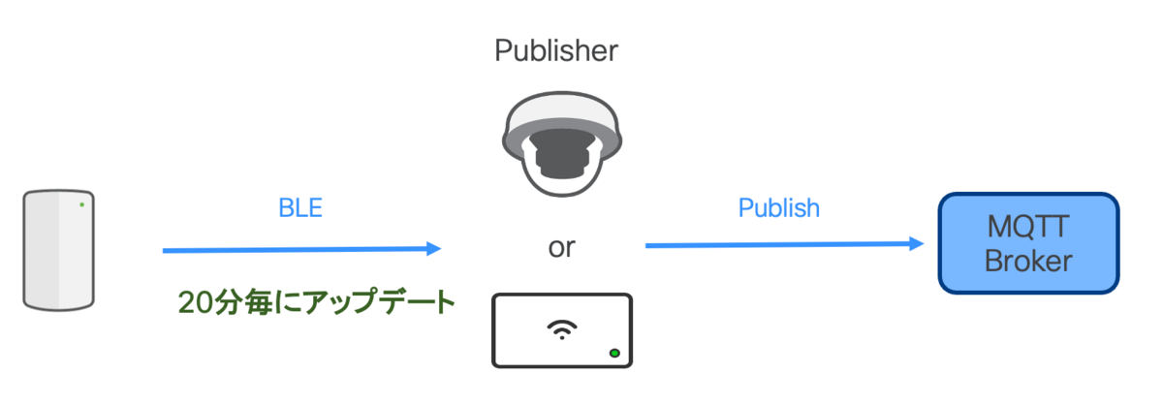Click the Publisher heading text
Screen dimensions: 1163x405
coord(556,51)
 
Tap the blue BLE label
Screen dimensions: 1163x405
coord(300,208)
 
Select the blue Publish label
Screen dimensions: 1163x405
coord(779,208)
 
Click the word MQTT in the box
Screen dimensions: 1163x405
coord(1028,227)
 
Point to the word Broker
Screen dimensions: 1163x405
coord(1028,261)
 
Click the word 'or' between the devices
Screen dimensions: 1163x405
coord(562,248)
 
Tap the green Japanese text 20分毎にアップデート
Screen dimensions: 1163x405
coord(317,302)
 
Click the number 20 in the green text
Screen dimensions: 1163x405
coord(195,302)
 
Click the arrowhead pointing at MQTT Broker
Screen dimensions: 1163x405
coord(917,243)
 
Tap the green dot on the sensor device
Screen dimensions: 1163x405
coord(82,204)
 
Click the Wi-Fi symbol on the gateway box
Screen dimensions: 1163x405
coord(562,329)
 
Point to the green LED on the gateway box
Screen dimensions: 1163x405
coord(614,354)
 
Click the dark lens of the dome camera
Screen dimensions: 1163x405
coord(562,154)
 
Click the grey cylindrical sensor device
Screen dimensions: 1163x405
coord(59,250)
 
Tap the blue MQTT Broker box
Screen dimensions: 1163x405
coord(1028,243)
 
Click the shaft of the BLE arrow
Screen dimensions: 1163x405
coord(295,250)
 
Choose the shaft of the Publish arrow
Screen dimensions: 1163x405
coord(777,244)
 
